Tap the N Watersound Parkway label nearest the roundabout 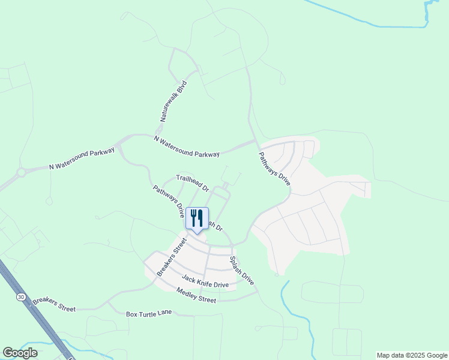click(x=82, y=159)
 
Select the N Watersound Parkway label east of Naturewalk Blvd click(x=187, y=146)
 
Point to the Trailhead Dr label click(x=192, y=182)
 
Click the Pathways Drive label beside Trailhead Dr click(x=168, y=202)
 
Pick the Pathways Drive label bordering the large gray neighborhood click(x=274, y=169)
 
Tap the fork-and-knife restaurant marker click(x=197, y=218)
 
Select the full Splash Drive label click(x=242, y=271)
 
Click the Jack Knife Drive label click(x=205, y=281)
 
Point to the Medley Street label click(x=196, y=295)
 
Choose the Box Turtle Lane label click(x=149, y=314)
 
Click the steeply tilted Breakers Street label click(x=172, y=257)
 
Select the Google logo click(x=20, y=353)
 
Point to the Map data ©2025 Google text click(x=412, y=355)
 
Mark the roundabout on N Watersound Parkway click(x=22, y=173)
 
